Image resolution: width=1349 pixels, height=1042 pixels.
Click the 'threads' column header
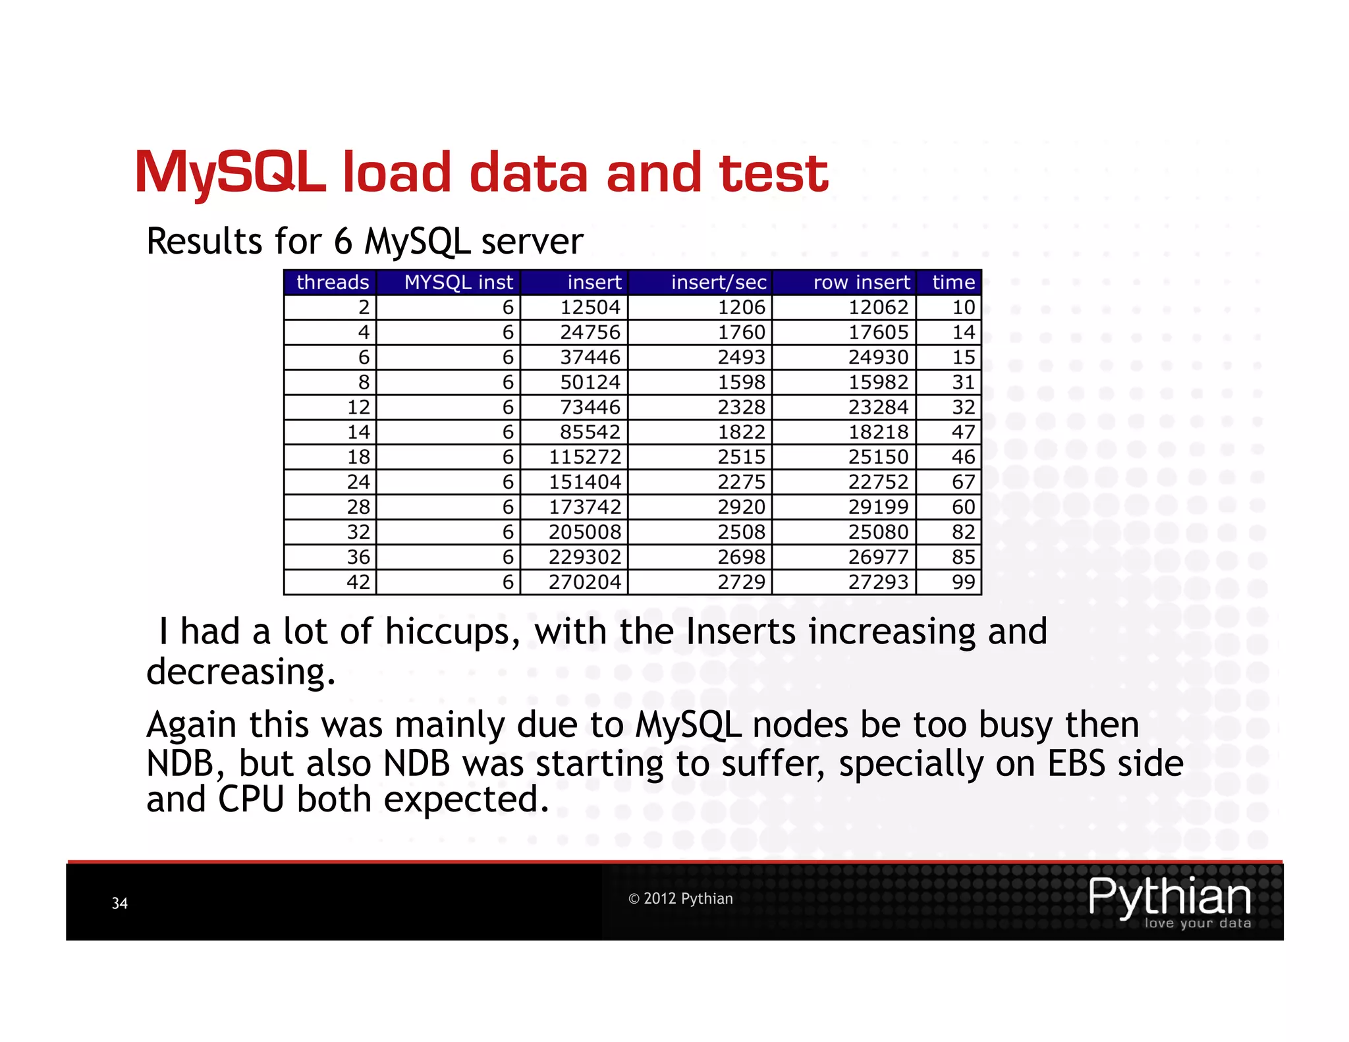pyautogui.click(x=332, y=283)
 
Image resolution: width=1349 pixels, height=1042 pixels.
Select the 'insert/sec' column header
pyautogui.click(x=719, y=283)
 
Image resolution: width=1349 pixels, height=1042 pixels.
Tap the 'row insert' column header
pyautogui.click(x=861, y=283)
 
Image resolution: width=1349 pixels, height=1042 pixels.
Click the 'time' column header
pyautogui.click(x=953, y=283)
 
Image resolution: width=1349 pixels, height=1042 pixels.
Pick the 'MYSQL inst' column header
pyautogui.click(x=458, y=283)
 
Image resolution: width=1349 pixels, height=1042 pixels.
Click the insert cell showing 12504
pyautogui.click(x=590, y=308)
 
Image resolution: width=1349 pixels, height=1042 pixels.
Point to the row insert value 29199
pyautogui.click(x=878, y=507)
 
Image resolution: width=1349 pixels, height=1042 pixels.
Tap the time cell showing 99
pyautogui.click(x=963, y=582)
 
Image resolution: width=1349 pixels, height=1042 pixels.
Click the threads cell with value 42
pyautogui.click(x=358, y=582)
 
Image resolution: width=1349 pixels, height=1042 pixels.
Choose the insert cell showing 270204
pyautogui.click(x=585, y=582)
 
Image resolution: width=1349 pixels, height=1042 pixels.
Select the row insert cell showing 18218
pyautogui.click(x=878, y=432)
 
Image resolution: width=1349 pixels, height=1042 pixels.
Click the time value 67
pyautogui.click(x=963, y=482)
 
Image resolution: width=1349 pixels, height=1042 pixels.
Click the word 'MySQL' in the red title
pyautogui.click(x=230, y=173)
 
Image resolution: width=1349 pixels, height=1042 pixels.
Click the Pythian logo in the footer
pyautogui.click(x=1169, y=901)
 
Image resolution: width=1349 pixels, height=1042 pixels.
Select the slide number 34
pyautogui.click(x=120, y=904)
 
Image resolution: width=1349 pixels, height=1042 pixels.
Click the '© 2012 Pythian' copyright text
pyautogui.click(x=680, y=899)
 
